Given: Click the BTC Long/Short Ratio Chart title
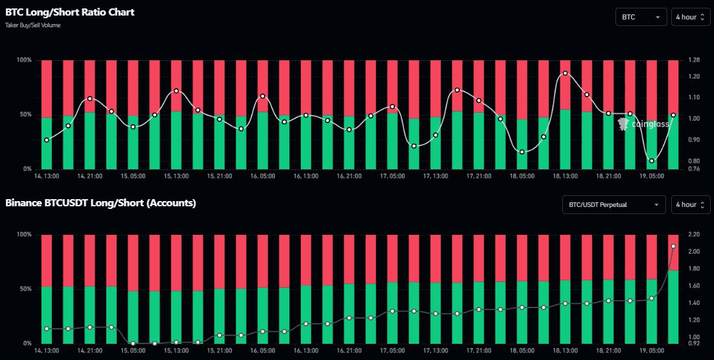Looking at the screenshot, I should [x=70, y=12].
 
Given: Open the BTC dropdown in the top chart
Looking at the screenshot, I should [x=641, y=17].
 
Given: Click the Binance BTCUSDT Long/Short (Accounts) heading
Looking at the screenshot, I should [x=101, y=203].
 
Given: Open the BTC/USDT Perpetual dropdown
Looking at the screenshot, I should [x=613, y=205].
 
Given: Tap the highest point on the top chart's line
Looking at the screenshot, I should [x=565, y=73].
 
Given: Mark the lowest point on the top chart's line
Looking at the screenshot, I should [x=652, y=161].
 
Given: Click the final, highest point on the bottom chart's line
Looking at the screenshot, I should [x=673, y=246].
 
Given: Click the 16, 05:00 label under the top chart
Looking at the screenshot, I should [x=263, y=176].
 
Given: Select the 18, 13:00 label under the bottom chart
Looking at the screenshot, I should [x=565, y=350].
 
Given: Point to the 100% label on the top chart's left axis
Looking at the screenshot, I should [x=25, y=60].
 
